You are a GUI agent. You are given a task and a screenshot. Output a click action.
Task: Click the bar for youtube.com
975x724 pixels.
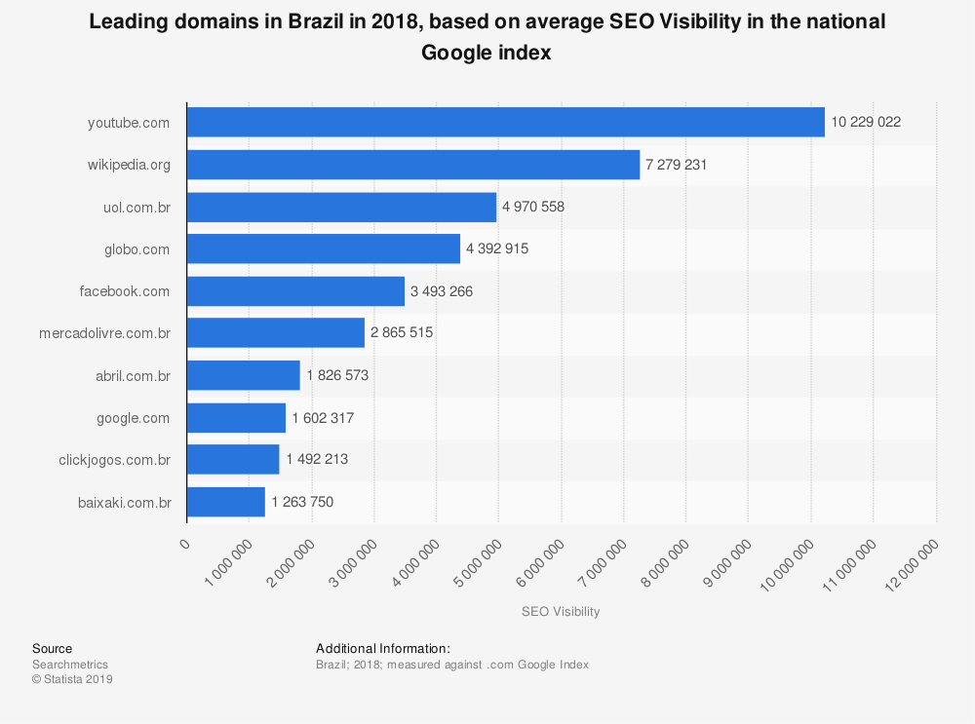(505, 123)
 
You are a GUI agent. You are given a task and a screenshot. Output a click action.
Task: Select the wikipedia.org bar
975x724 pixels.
(412, 165)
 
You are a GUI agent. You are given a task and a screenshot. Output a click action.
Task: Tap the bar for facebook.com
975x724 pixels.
(294, 291)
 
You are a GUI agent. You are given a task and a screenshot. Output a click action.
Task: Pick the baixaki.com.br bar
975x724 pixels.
(225, 502)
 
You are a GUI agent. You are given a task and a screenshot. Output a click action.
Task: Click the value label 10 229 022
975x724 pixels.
(866, 123)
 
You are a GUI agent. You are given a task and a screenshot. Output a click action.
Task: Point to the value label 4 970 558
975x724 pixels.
(533, 207)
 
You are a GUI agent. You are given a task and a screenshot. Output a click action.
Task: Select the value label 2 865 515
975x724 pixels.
(402, 333)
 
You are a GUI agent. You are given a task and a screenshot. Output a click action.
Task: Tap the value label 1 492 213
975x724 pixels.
(317, 460)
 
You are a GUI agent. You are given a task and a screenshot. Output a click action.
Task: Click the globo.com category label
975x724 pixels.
(137, 249)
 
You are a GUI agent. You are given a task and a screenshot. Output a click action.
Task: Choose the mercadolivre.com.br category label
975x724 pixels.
(104, 333)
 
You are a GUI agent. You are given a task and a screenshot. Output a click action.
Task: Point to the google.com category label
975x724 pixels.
(133, 418)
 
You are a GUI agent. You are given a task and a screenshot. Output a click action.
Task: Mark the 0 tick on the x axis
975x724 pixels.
(186, 544)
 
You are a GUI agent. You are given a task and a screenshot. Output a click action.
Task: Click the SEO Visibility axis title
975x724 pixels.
(561, 612)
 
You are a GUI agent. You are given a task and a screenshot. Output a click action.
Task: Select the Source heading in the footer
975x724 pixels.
(52, 649)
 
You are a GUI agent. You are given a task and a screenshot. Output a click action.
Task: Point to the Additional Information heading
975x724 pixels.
(382, 649)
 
